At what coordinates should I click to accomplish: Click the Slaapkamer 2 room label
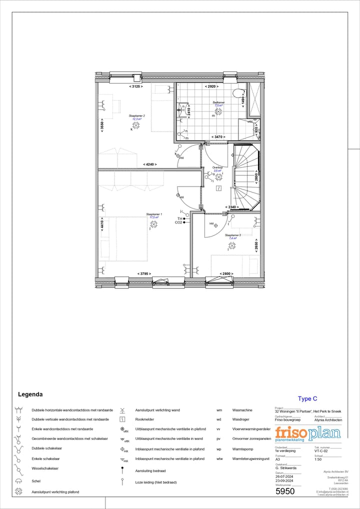136,115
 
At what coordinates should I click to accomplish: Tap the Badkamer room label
218,102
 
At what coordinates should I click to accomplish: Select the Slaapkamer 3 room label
232,235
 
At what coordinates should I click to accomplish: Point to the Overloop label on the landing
217,167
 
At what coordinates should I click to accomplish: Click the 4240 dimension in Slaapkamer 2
150,164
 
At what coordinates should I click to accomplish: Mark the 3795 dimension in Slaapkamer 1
144,273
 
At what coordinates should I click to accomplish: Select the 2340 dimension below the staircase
231,207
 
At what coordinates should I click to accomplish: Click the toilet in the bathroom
238,92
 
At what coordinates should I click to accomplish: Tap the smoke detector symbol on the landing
219,188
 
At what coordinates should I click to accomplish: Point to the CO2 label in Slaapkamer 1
178,222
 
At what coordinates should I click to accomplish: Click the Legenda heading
30,394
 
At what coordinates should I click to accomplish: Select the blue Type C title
307,398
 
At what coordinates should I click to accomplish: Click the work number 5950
285,491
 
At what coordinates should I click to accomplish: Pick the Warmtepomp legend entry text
243,449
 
